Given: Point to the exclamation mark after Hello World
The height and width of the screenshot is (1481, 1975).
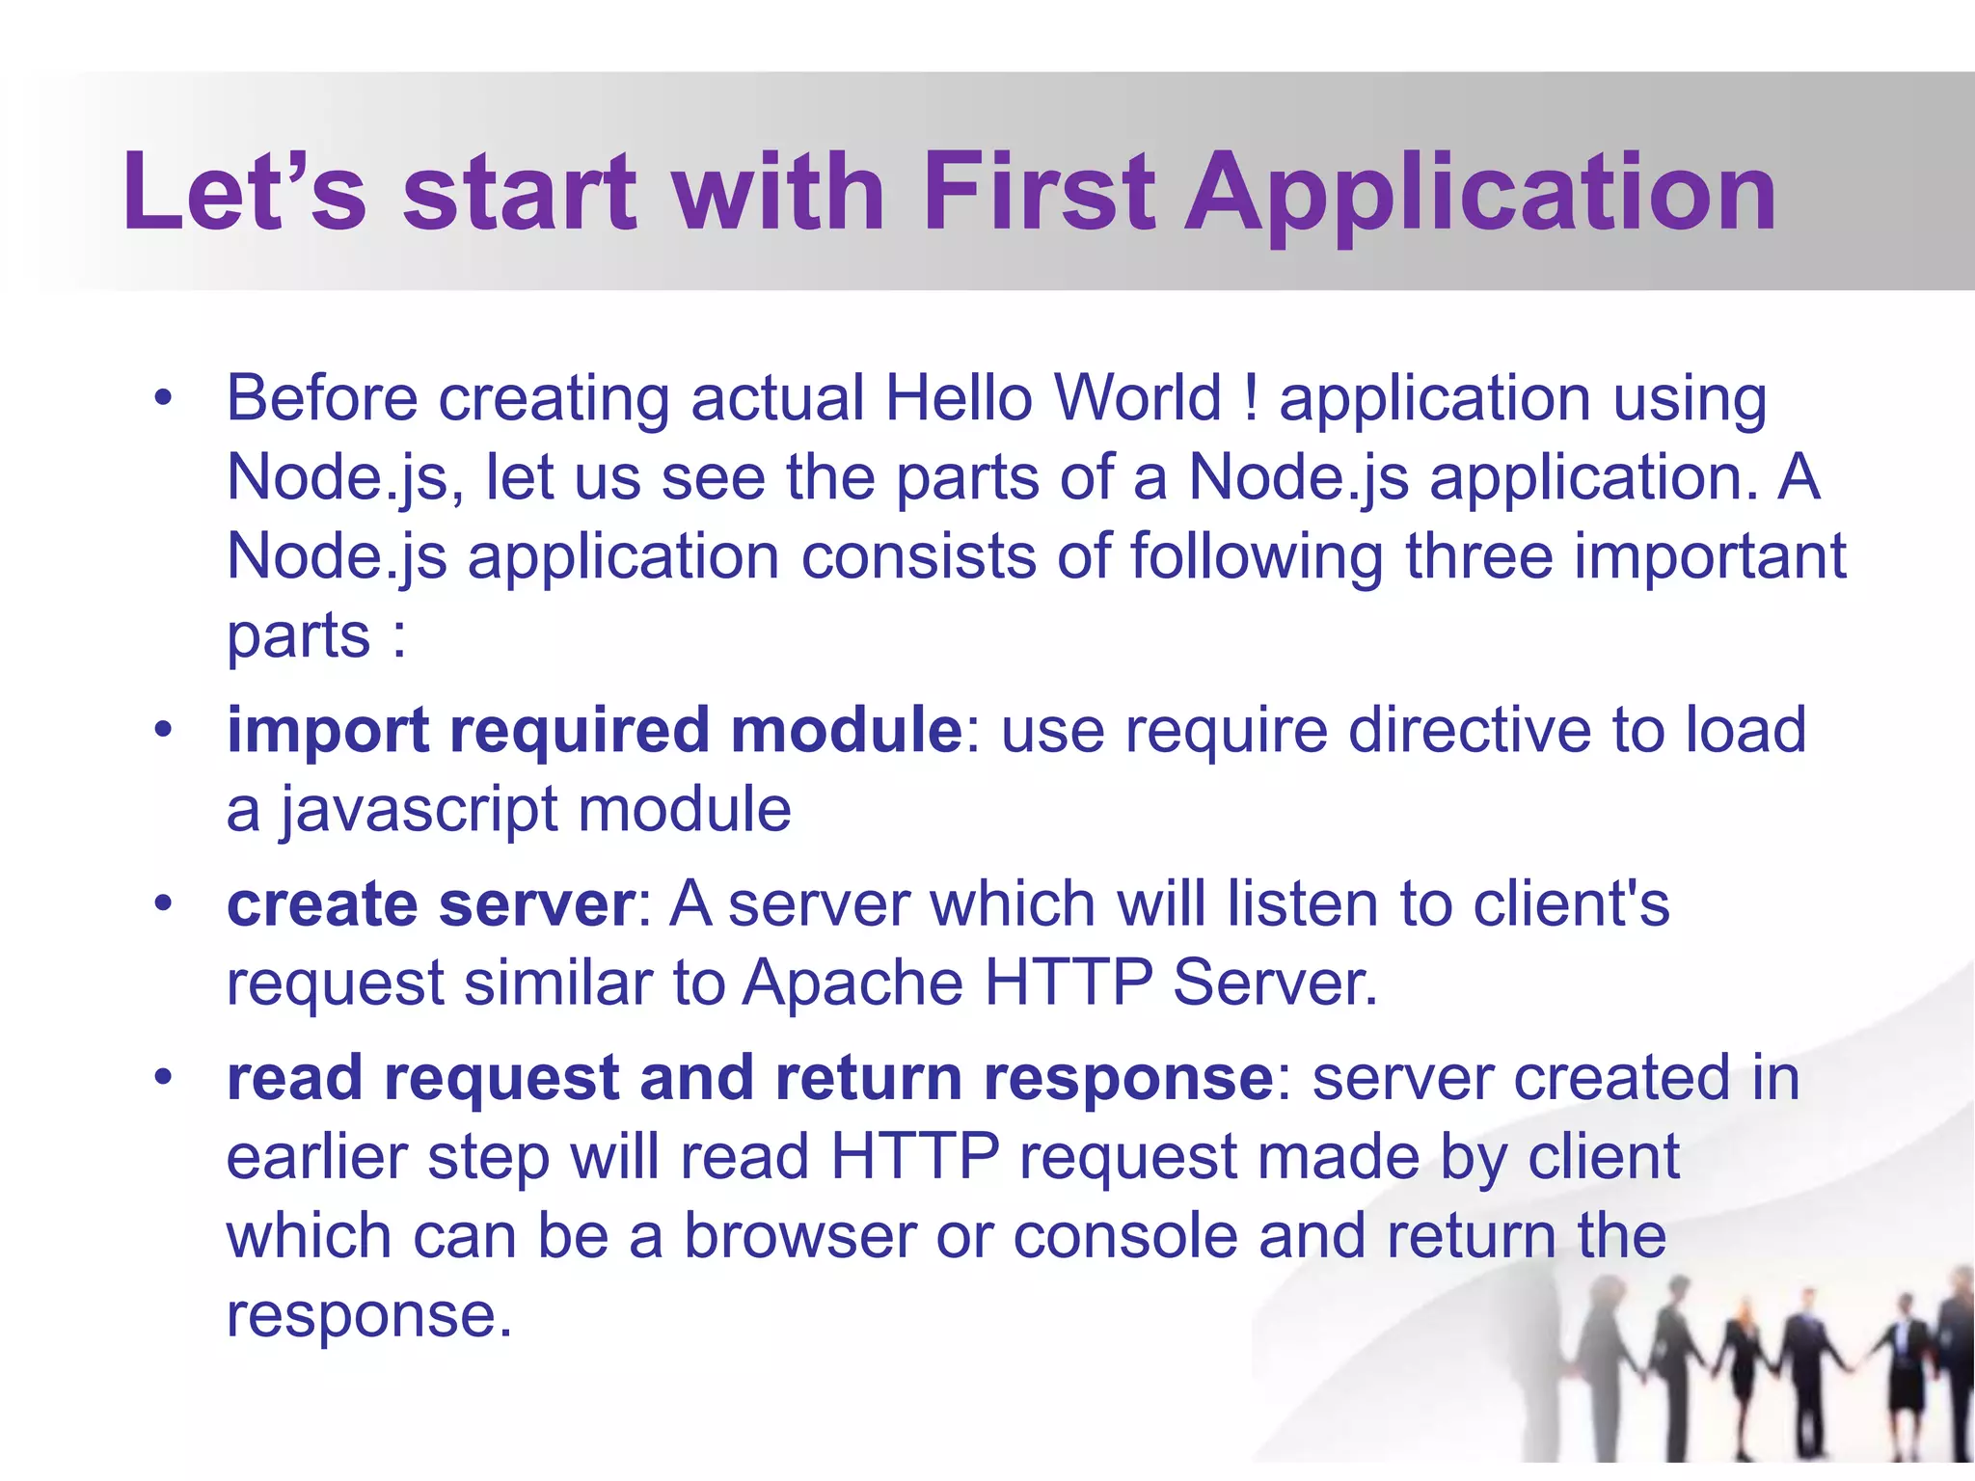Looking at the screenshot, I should click(x=1251, y=398).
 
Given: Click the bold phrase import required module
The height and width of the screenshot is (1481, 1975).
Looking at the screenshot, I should click(x=594, y=730).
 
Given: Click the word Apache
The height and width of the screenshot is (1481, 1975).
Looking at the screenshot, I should click(x=852, y=983).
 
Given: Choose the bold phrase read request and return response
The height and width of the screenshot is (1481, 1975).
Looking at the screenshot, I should click(x=749, y=1078).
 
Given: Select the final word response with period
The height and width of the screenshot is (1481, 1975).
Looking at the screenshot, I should click(x=368, y=1315).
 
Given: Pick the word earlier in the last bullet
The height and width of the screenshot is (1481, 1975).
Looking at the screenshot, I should click(x=316, y=1157).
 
